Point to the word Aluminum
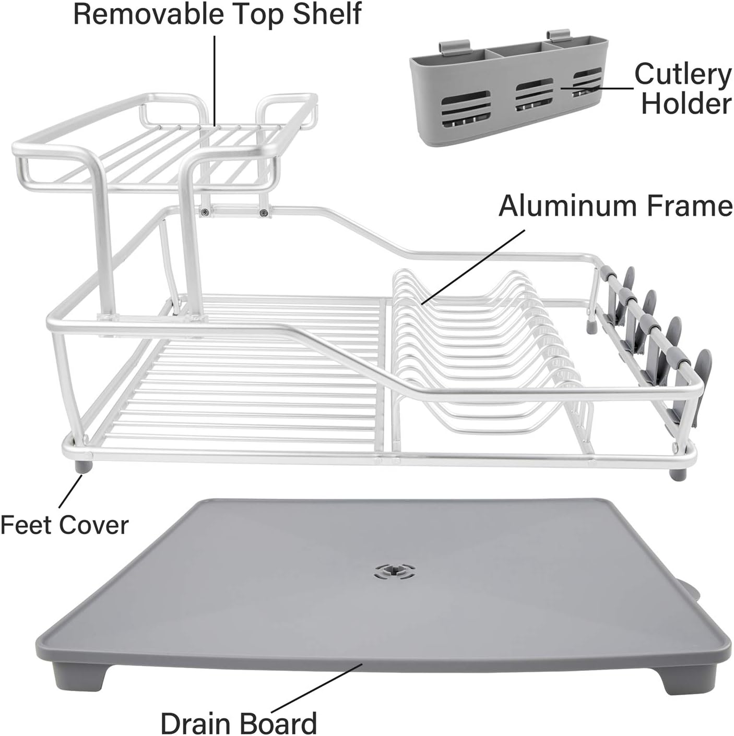pos(567,206)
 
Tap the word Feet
pos(26,525)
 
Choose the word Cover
pos(94,525)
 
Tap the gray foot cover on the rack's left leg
pos(84,467)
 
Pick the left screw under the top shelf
pos(206,211)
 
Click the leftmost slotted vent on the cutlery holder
pos(466,108)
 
